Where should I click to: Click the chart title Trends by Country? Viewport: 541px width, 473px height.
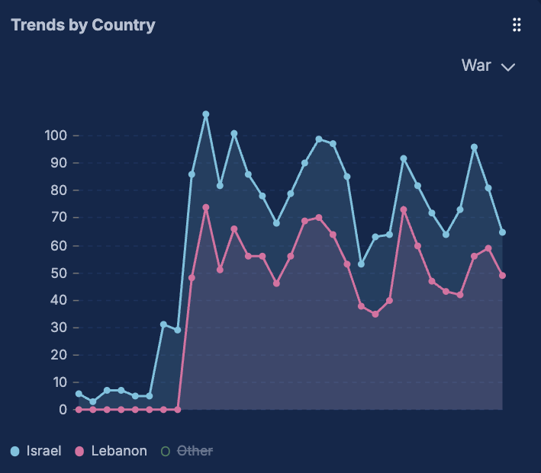[83, 25]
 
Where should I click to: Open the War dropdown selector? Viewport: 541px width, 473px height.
[488, 66]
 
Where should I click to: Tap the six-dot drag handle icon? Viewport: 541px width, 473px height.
[517, 25]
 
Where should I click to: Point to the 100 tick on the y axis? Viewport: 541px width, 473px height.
[56, 136]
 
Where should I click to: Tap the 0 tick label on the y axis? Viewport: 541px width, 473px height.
[63, 410]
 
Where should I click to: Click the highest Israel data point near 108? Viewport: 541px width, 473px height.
[206, 114]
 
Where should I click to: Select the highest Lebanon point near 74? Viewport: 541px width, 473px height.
[206, 207]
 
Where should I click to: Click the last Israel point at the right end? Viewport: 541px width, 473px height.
[502, 232]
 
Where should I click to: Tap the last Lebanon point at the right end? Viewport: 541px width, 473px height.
[502, 276]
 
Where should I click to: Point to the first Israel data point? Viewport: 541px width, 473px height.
[79, 394]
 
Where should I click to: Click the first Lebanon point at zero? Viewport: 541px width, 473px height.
[79, 410]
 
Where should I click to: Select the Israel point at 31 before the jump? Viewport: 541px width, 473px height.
[163, 324]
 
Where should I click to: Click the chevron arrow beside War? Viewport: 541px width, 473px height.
[508, 67]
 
